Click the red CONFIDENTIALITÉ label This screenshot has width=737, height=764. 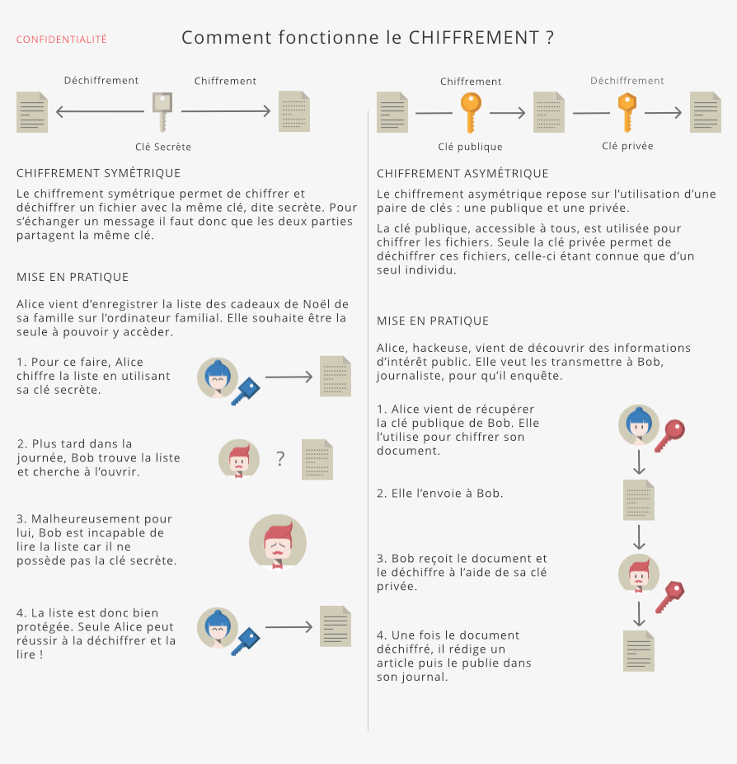pos(62,40)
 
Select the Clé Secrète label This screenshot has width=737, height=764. pos(163,147)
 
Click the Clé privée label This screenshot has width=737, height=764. pos(627,146)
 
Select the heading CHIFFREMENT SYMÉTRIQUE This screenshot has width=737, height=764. pos(99,173)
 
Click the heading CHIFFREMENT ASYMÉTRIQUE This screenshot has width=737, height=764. pos(462,174)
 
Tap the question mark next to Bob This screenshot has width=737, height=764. pos(280,459)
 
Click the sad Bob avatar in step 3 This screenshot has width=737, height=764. pos(278,543)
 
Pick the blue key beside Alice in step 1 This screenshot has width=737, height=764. pos(245,391)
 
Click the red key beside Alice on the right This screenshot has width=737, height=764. pos(669,435)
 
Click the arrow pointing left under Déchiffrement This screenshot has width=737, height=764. pos(100,111)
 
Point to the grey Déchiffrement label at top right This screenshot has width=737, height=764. pos(627,81)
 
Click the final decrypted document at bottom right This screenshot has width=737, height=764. pos(639,650)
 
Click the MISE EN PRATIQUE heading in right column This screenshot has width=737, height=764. pos(433,321)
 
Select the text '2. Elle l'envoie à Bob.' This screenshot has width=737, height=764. pos(440,493)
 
